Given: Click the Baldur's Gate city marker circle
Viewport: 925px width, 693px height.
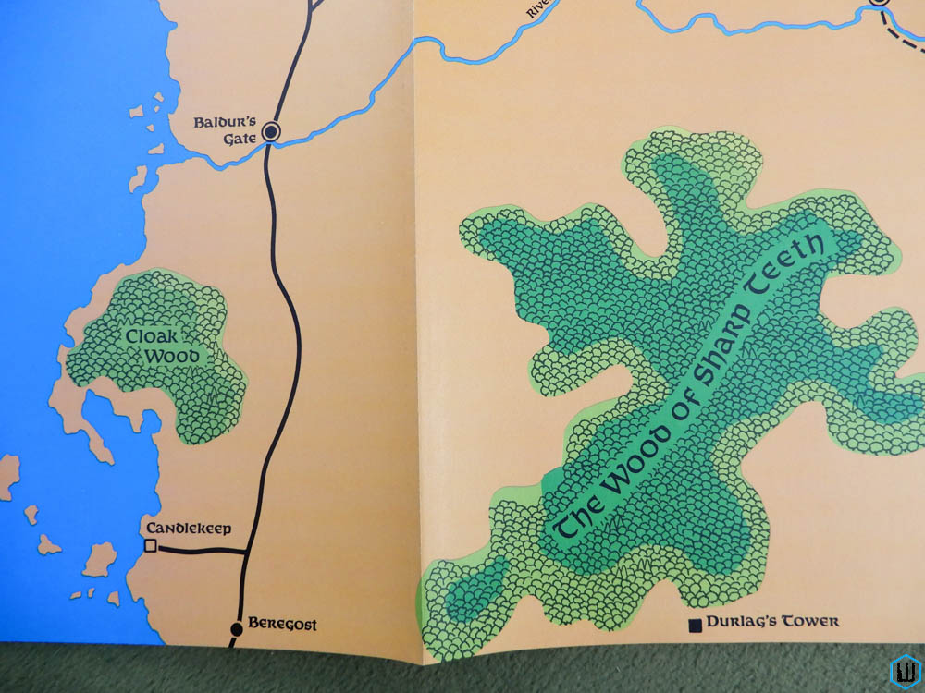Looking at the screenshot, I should point(271,132).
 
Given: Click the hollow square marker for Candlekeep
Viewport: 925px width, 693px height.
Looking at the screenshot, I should point(150,547).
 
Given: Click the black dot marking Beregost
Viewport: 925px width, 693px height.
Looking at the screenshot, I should point(236,628).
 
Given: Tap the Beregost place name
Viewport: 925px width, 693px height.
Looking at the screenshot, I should point(283,626).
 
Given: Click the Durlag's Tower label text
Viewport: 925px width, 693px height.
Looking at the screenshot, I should point(772,622).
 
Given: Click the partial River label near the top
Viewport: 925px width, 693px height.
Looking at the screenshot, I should point(536,9).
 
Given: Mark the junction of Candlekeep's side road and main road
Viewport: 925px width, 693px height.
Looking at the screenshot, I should point(246,553).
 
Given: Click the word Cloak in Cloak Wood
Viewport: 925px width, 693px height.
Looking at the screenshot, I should point(154,336).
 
